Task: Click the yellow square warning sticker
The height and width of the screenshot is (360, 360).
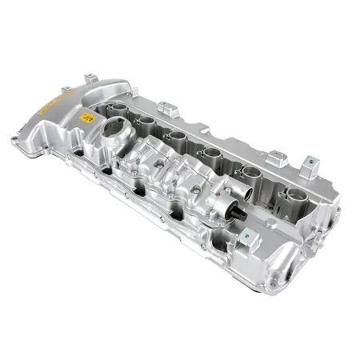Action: (86, 119)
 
